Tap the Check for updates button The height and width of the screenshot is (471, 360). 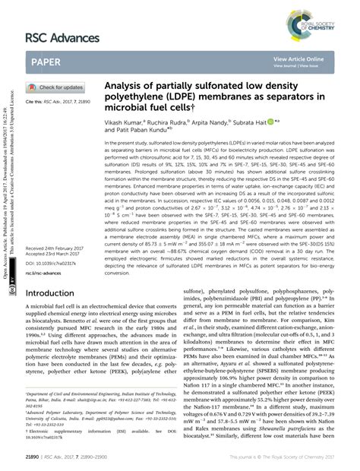coord(58,87)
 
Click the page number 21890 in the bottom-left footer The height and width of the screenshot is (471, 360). coord(36,457)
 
